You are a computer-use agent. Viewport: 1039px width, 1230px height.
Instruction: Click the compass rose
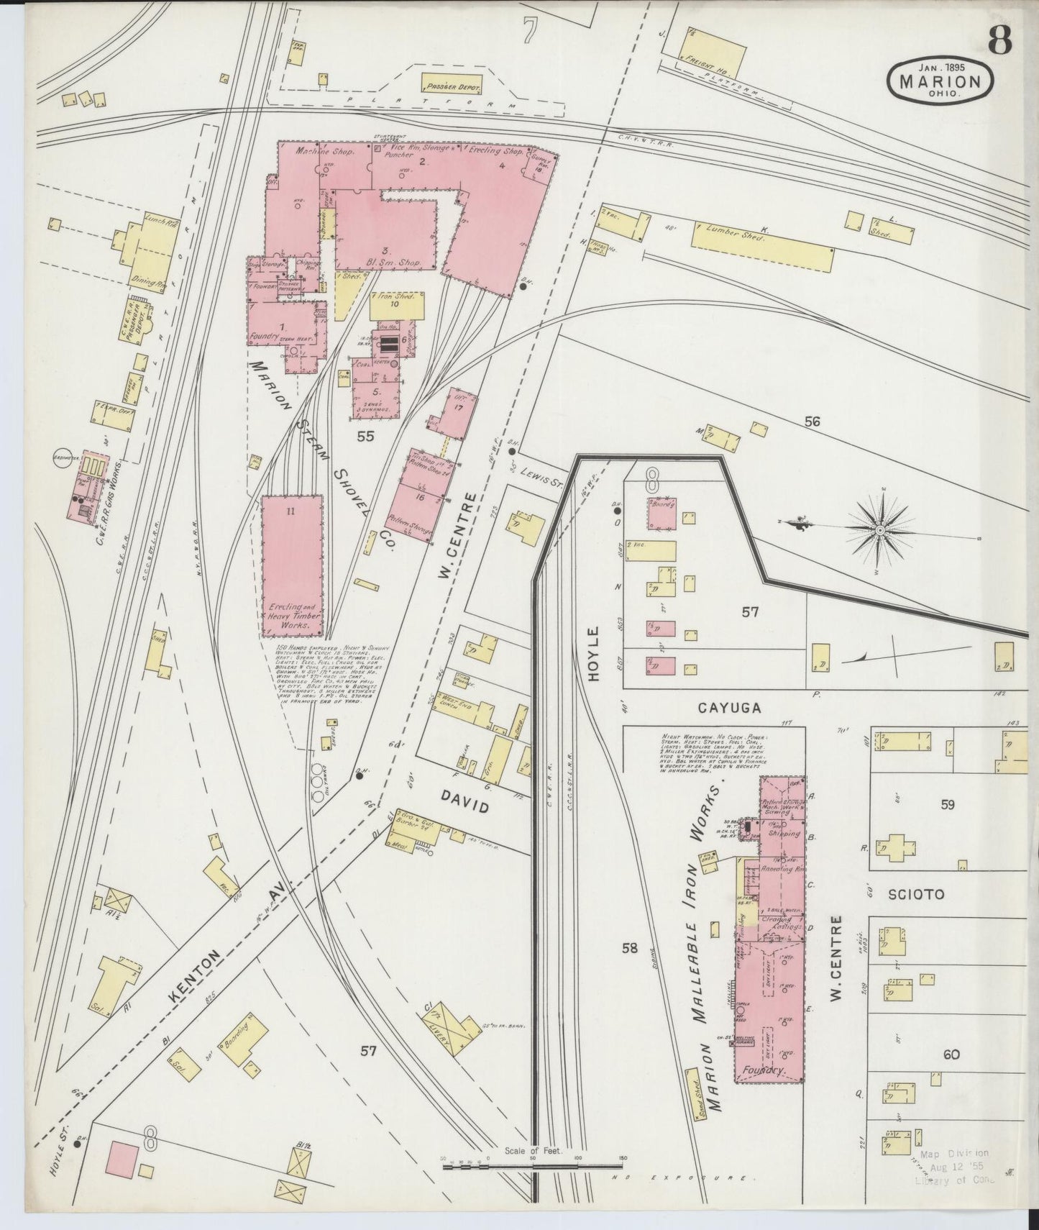pyautogui.click(x=878, y=532)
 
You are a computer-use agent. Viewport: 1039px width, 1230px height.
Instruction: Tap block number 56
pyautogui.click(x=812, y=423)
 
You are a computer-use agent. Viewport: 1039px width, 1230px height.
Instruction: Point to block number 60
pyautogui.click(x=951, y=1054)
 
